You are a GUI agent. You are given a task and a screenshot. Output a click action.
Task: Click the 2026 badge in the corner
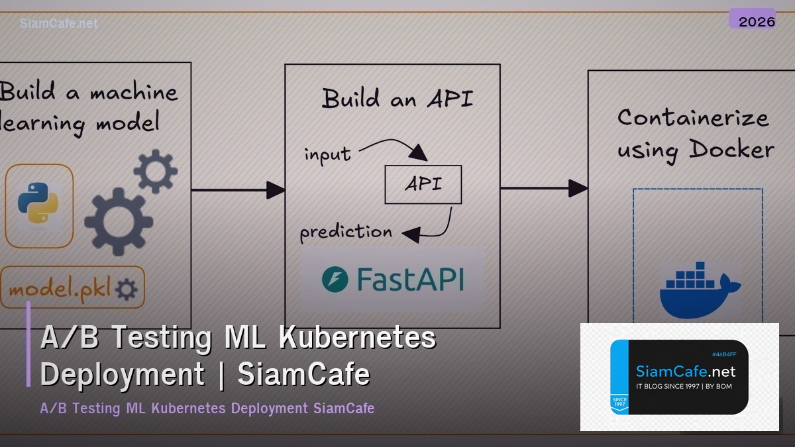tap(756, 21)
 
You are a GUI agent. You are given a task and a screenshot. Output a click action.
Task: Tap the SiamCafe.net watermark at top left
tap(59, 23)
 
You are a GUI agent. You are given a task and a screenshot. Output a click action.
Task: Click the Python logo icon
tap(38, 206)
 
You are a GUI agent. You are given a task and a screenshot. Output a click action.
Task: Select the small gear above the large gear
tap(155, 171)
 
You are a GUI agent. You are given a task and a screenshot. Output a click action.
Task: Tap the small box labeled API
tap(423, 184)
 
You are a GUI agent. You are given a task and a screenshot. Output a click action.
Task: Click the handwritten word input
tap(327, 154)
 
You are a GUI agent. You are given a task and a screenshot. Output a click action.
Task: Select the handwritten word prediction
tap(346, 232)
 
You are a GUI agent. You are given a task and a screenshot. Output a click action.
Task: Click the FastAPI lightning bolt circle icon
tap(335, 279)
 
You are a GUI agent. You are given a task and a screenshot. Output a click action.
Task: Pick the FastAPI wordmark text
tap(410, 279)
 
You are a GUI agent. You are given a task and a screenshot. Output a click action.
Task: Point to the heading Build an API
tap(397, 98)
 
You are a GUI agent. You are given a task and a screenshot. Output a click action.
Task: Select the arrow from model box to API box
tap(238, 191)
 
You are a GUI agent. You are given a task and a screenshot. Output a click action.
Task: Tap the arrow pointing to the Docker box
tap(543, 189)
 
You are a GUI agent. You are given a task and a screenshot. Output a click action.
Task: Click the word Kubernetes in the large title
tap(357, 338)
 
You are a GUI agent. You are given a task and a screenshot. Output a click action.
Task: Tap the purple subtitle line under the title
tap(207, 408)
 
